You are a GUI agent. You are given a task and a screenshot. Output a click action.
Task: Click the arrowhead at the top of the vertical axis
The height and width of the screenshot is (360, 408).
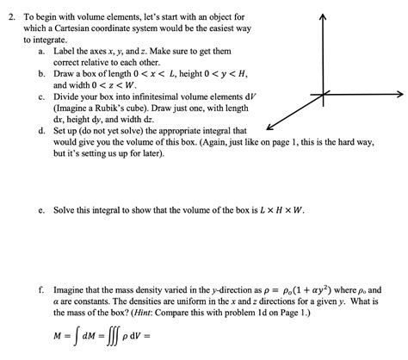(x=322, y=18)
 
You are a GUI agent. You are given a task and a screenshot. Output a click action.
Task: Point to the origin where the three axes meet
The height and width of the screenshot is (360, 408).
(x=322, y=94)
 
